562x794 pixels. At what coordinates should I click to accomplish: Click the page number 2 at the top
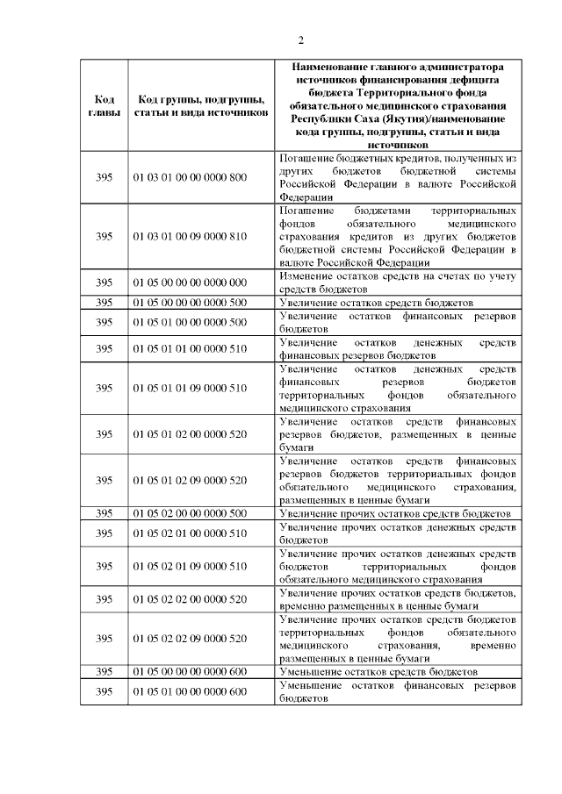pos(301,39)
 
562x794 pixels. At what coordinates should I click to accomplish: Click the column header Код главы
pos(104,105)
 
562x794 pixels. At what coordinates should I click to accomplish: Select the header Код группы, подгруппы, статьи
pos(200,105)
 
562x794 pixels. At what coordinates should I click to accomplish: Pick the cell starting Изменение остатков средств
pos(396,283)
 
